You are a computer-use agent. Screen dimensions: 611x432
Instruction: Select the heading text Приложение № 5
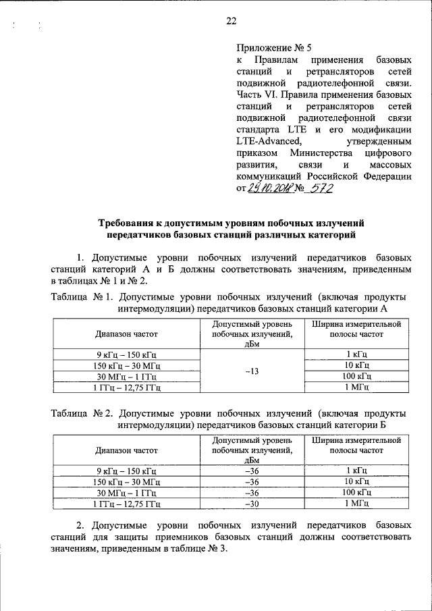(274, 47)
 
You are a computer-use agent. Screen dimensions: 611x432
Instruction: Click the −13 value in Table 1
(251, 370)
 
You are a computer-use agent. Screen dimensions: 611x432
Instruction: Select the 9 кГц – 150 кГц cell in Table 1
(126, 354)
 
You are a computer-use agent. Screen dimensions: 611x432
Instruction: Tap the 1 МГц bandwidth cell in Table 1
(356, 386)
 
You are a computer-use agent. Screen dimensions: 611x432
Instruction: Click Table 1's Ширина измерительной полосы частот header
(356, 329)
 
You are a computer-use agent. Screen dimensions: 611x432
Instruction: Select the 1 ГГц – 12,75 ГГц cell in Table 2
(126, 503)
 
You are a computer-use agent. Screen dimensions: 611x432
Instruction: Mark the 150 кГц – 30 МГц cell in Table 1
(126, 365)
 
